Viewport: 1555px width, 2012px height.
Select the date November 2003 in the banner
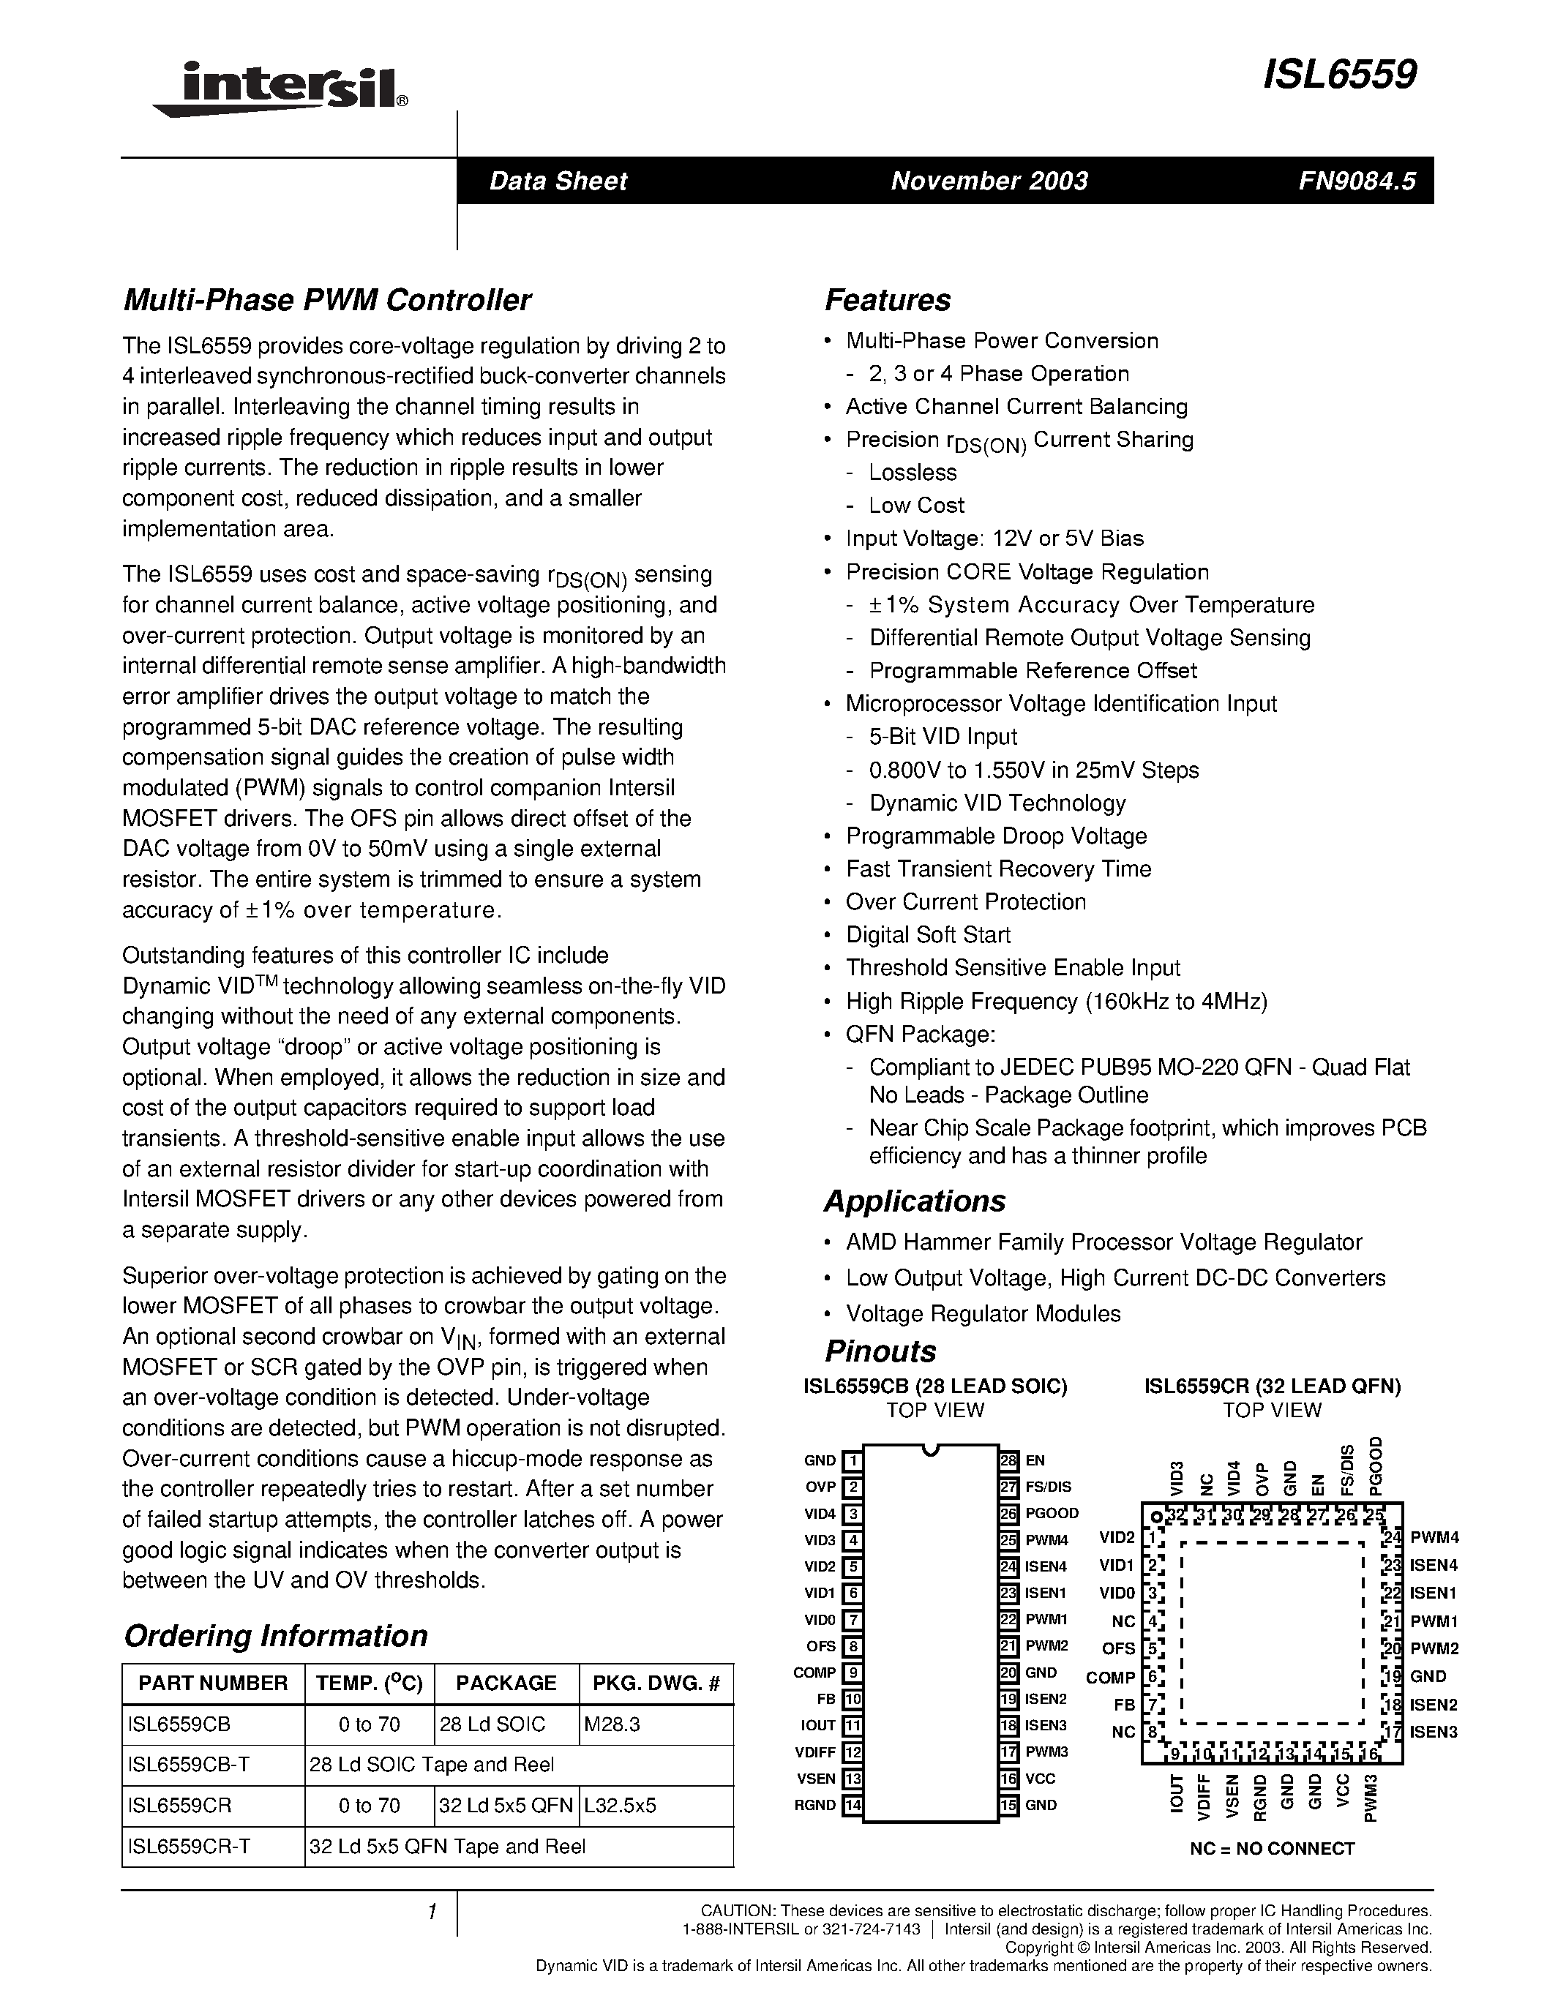989,181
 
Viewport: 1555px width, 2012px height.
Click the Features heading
887,300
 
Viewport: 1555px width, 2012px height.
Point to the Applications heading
914,1201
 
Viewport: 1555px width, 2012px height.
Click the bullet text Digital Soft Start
928,935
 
